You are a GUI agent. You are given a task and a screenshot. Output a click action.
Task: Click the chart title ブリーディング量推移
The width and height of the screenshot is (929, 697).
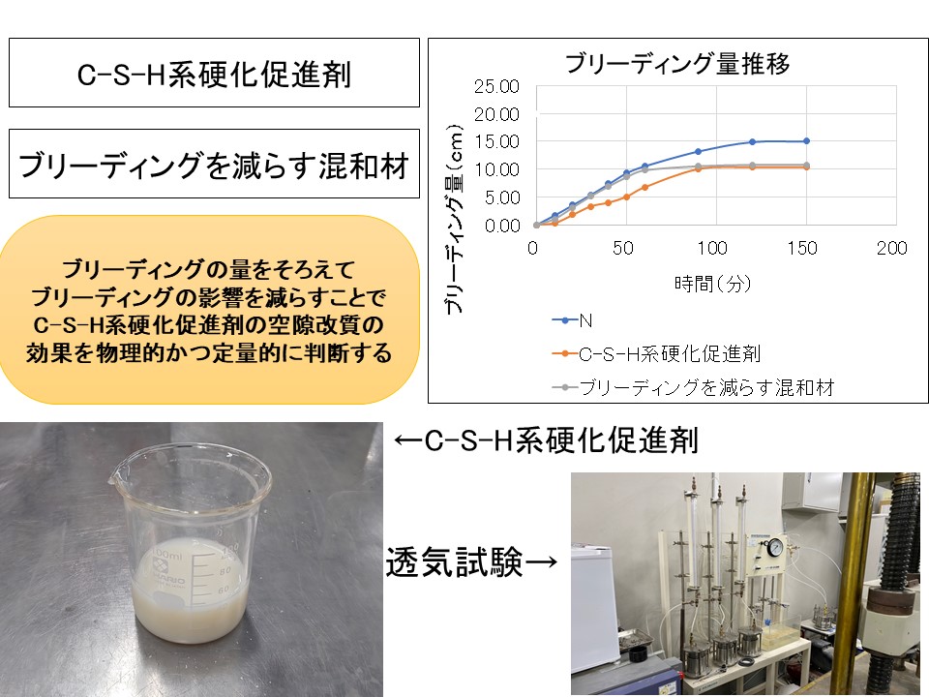click(677, 63)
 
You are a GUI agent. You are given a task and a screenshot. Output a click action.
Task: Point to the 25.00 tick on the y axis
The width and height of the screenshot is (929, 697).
click(496, 86)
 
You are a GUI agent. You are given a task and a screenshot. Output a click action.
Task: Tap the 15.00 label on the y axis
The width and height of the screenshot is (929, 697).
click(496, 141)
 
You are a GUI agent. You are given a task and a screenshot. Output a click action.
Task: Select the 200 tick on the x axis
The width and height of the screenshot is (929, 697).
click(891, 248)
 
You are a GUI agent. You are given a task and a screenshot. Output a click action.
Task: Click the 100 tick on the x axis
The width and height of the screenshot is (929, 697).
click(712, 248)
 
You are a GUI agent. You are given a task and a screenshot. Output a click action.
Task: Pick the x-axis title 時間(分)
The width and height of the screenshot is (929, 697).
click(713, 284)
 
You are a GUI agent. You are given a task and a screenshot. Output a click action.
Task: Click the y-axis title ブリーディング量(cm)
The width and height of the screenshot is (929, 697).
click(453, 220)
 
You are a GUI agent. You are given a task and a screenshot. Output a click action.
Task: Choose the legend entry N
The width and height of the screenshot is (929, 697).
click(572, 320)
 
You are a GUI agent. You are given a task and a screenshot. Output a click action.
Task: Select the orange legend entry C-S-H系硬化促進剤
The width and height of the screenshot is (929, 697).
click(656, 354)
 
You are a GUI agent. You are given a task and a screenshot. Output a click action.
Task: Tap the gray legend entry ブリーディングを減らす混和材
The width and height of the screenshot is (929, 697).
click(693, 387)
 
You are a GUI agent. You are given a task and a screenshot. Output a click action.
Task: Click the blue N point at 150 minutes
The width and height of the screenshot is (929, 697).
click(806, 141)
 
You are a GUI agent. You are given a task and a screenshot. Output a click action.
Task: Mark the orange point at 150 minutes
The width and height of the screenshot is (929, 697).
click(806, 167)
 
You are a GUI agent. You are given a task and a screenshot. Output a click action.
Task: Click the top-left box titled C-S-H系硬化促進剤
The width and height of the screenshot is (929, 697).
click(214, 73)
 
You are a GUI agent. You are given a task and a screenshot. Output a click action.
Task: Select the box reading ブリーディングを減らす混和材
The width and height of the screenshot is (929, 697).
click(214, 164)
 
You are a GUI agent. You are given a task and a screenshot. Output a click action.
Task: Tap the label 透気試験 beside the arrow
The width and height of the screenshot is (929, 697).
click(455, 561)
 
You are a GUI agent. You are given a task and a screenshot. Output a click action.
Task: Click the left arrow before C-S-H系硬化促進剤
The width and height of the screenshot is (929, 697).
click(408, 440)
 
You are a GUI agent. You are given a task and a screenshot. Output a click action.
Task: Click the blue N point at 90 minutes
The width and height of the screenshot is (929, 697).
click(698, 152)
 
